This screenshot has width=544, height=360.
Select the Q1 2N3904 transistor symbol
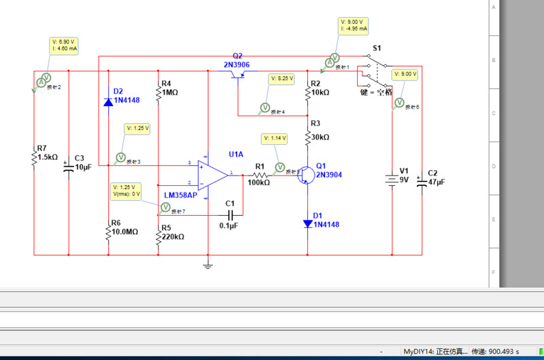307,174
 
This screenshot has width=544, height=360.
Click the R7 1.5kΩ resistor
34,157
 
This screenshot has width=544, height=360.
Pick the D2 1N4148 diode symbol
108,101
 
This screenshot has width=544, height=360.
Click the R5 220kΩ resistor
158,235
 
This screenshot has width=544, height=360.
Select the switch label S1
376,48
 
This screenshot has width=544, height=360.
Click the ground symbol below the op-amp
208,265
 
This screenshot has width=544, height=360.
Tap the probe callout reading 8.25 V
282,79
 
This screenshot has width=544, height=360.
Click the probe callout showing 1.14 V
275,139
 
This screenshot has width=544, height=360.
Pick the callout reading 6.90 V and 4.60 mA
65,46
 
